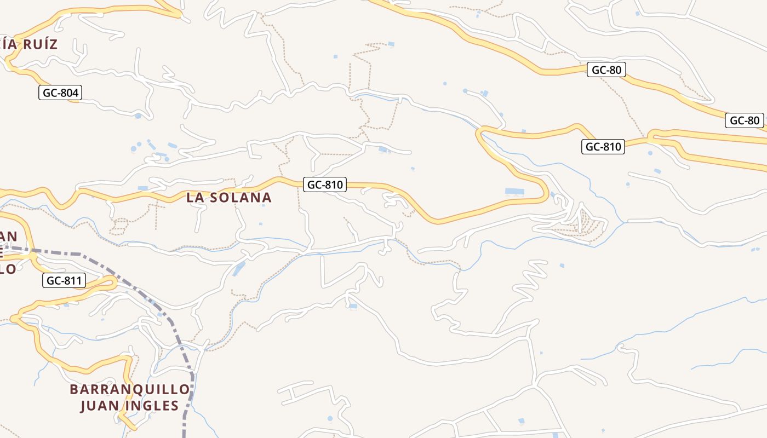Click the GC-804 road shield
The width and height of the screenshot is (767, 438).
[x=60, y=93]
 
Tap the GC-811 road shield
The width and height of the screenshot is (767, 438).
[x=64, y=281]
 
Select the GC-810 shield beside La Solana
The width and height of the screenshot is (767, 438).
[x=325, y=185]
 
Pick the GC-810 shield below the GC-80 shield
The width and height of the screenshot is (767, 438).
[x=603, y=146]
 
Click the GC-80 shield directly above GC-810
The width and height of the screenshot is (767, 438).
[x=606, y=70]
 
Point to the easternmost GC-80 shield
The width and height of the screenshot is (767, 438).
[x=745, y=120]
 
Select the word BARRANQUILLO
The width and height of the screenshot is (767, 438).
[x=130, y=389]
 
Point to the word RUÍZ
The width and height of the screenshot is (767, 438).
[x=39, y=44]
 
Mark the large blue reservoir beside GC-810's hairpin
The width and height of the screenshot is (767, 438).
[x=514, y=192]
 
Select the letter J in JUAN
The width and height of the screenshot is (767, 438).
[x=84, y=406]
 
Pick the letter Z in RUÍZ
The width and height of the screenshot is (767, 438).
[x=53, y=44]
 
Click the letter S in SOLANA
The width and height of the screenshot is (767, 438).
[x=215, y=198]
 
